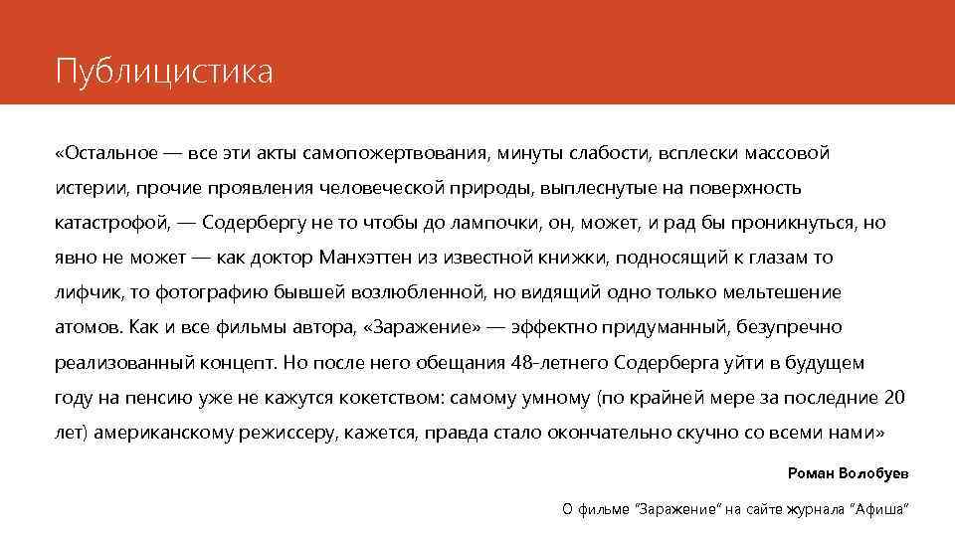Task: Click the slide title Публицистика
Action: [x=163, y=73]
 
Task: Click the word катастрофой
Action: [x=112, y=223]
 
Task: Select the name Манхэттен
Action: [x=365, y=258]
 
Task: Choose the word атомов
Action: [x=88, y=327]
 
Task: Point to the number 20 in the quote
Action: [x=894, y=398]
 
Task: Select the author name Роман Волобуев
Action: [x=848, y=471]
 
